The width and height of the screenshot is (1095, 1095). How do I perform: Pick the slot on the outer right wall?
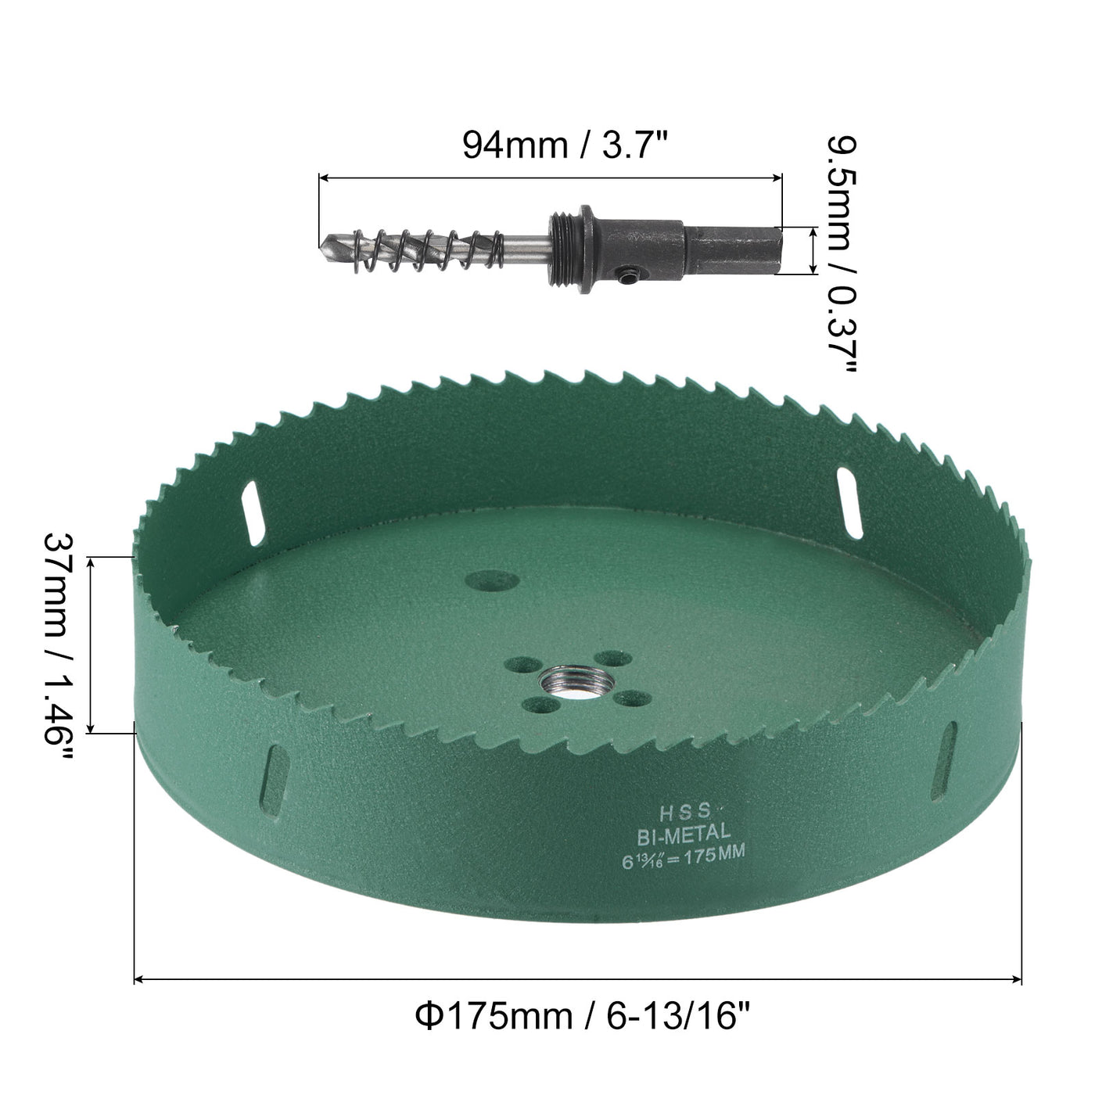tap(948, 756)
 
